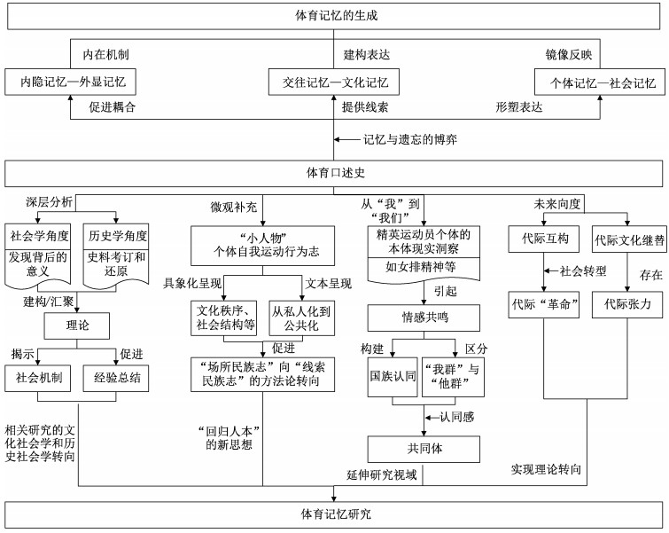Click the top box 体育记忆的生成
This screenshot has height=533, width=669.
coord(335,16)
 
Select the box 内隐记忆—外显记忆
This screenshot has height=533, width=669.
coord(67,83)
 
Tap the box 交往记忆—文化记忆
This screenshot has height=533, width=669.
coord(334,83)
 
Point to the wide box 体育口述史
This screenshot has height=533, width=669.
coord(334,172)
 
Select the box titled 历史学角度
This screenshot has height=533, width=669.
coord(117,237)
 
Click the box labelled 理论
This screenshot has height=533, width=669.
coord(78,325)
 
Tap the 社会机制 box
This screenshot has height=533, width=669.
coord(39,377)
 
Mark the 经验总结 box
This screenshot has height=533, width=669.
coord(117,377)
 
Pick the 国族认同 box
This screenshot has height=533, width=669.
coord(392,377)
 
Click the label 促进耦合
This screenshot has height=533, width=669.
coord(117,106)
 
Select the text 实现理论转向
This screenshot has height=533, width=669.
coord(547,467)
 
